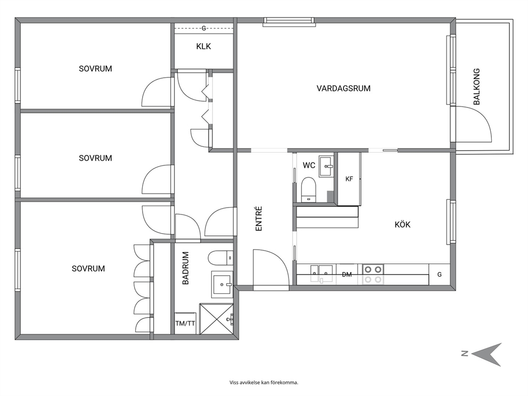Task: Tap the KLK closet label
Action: pyautogui.click(x=203, y=46)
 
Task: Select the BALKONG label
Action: pyautogui.click(x=476, y=87)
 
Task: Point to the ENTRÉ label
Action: pyautogui.click(x=259, y=219)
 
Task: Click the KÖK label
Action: pyautogui.click(x=402, y=224)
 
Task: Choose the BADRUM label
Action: pyautogui.click(x=186, y=268)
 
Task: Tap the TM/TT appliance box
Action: pyautogui.click(x=185, y=323)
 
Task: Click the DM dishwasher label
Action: pyautogui.click(x=347, y=275)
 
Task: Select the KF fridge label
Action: pyautogui.click(x=349, y=179)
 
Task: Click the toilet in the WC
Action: pyautogui.click(x=308, y=189)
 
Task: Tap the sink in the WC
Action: pyautogui.click(x=326, y=166)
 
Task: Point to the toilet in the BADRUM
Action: pyautogui.click(x=220, y=258)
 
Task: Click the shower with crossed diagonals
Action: pyautogui.click(x=216, y=319)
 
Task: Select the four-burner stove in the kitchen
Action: pyautogui.click(x=373, y=274)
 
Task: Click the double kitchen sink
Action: pyautogui.click(x=322, y=273)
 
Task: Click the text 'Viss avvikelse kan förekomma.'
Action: pyautogui.click(x=263, y=382)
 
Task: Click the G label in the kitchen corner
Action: pyautogui.click(x=439, y=275)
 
